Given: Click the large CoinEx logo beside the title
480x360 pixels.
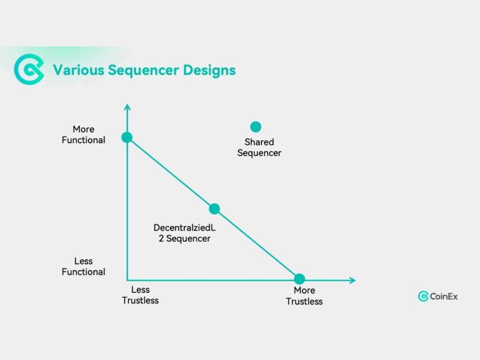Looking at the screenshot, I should pos(29,70).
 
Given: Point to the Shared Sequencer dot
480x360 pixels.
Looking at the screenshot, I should pos(255,127).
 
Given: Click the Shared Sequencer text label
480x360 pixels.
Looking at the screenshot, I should pos(259,147).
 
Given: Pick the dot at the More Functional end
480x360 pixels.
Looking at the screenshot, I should pos(127,137).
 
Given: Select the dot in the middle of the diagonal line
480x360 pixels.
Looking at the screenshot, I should pos(214,209).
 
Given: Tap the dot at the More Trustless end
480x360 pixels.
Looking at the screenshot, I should pos(300,278).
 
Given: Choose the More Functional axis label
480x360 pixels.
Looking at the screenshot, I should pos(83,135).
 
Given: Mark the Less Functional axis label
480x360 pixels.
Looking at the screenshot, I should pos(83,266).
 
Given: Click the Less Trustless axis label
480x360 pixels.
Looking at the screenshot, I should pos(141,295).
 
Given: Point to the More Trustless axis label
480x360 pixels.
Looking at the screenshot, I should pos(304,296).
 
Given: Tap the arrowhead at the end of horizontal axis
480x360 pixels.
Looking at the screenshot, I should pos(352,280).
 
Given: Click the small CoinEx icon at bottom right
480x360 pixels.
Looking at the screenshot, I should pos(423,296).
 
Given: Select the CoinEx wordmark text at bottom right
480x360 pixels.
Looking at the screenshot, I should pos(444,296).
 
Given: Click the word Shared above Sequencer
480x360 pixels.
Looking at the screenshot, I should pos(259,142).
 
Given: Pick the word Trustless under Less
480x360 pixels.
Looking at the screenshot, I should pos(141,300).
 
